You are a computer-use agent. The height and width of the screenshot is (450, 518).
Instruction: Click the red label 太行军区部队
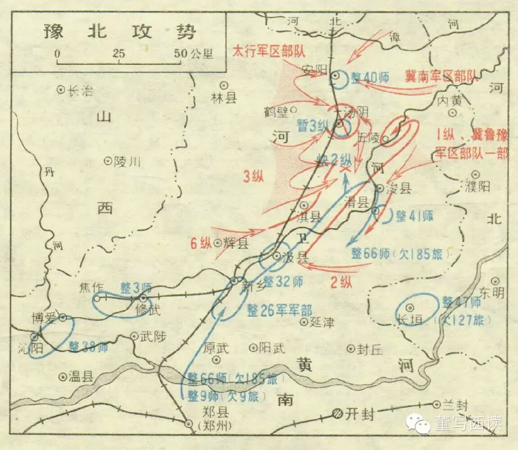pos(269,50)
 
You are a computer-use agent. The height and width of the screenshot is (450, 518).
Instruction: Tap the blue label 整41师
pos(414,216)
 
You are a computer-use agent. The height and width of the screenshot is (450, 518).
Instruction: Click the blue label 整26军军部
pos(279,310)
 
